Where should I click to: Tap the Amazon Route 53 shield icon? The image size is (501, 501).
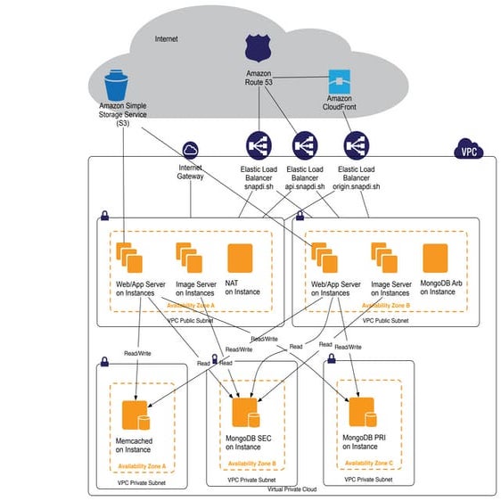pyautogui.click(x=258, y=50)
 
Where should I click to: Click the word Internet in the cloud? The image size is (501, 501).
pyautogui.click(x=167, y=39)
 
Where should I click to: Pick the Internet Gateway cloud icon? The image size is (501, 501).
pyautogui.click(x=190, y=151)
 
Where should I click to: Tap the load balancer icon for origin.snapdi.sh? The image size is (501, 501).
pyautogui.click(x=357, y=145)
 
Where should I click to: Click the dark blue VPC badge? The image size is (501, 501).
pyautogui.click(x=467, y=151)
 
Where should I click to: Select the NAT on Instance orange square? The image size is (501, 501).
pyautogui.click(x=241, y=259)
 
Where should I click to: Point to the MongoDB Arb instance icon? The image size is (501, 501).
pyautogui.click(x=435, y=259)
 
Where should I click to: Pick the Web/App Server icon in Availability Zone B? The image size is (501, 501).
pyautogui.click(x=323, y=259)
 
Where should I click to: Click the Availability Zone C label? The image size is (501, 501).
pyautogui.click(x=367, y=464)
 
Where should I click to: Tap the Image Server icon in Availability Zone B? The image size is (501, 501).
pyautogui.click(x=384, y=259)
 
